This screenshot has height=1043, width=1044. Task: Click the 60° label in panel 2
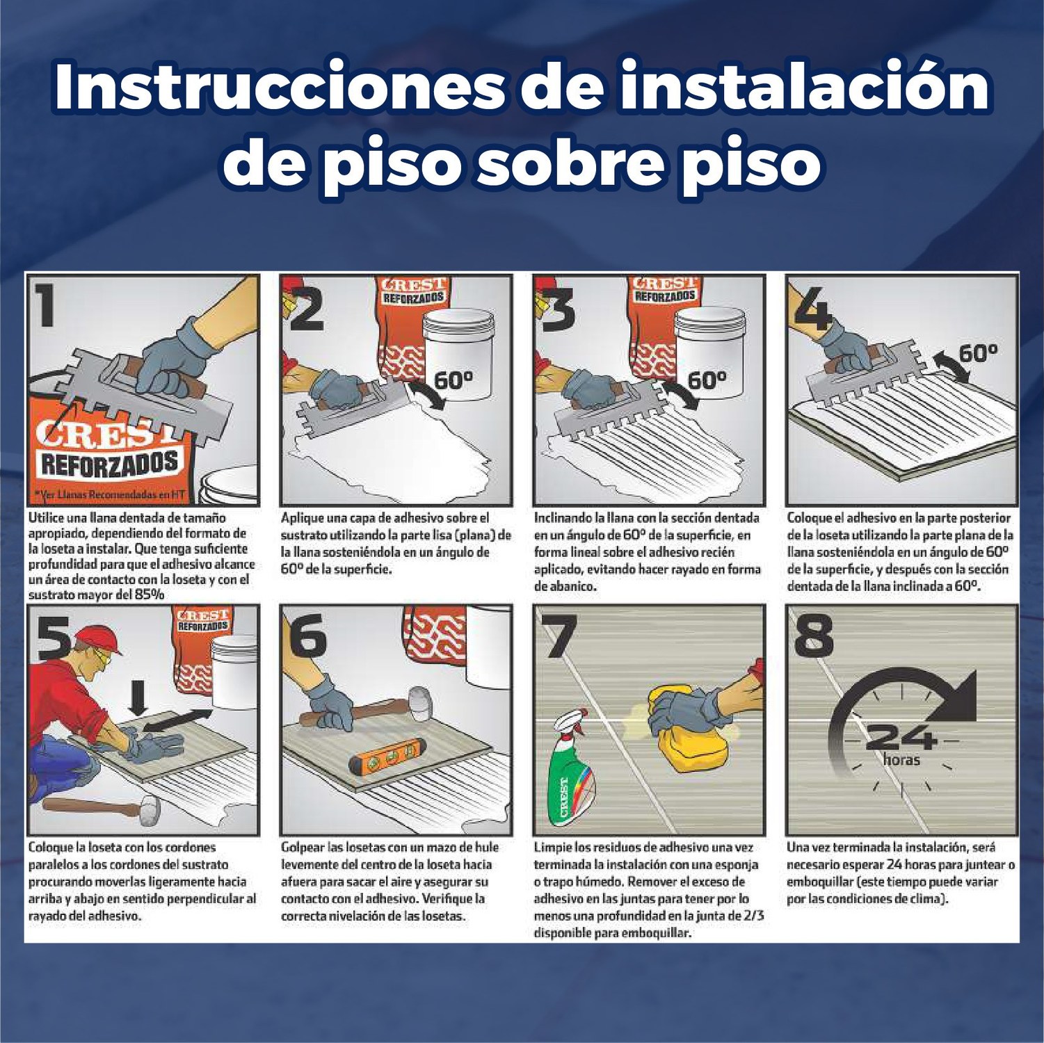453,380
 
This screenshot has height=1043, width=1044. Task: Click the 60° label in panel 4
978,353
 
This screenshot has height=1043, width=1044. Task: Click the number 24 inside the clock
902,736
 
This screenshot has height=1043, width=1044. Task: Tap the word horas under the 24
901,759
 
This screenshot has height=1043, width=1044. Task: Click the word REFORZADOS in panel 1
109,464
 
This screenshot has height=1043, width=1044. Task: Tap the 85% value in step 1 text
150,595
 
